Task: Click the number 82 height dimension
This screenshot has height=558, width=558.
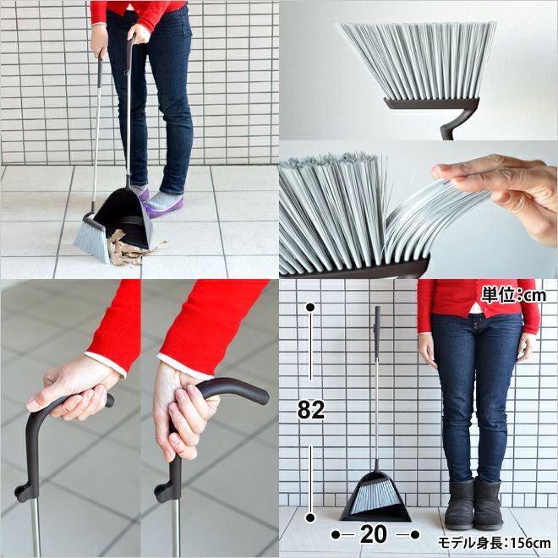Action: [x=311, y=409]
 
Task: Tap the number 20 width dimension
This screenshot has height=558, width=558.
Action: [x=374, y=534]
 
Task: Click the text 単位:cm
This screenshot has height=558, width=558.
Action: [x=513, y=295]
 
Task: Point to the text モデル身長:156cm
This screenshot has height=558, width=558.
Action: [x=495, y=543]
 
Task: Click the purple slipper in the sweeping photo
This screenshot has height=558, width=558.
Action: [x=164, y=205]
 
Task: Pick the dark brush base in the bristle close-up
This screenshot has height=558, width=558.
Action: [x=432, y=103]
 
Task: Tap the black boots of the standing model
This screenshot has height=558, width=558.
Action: [x=473, y=503]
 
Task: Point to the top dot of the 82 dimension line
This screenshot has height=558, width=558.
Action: [x=310, y=307]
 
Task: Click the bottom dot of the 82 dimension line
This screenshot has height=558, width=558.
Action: [x=310, y=517]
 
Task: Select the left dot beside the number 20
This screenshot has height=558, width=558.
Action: [x=336, y=534]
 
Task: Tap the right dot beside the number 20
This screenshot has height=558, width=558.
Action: [x=415, y=534]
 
